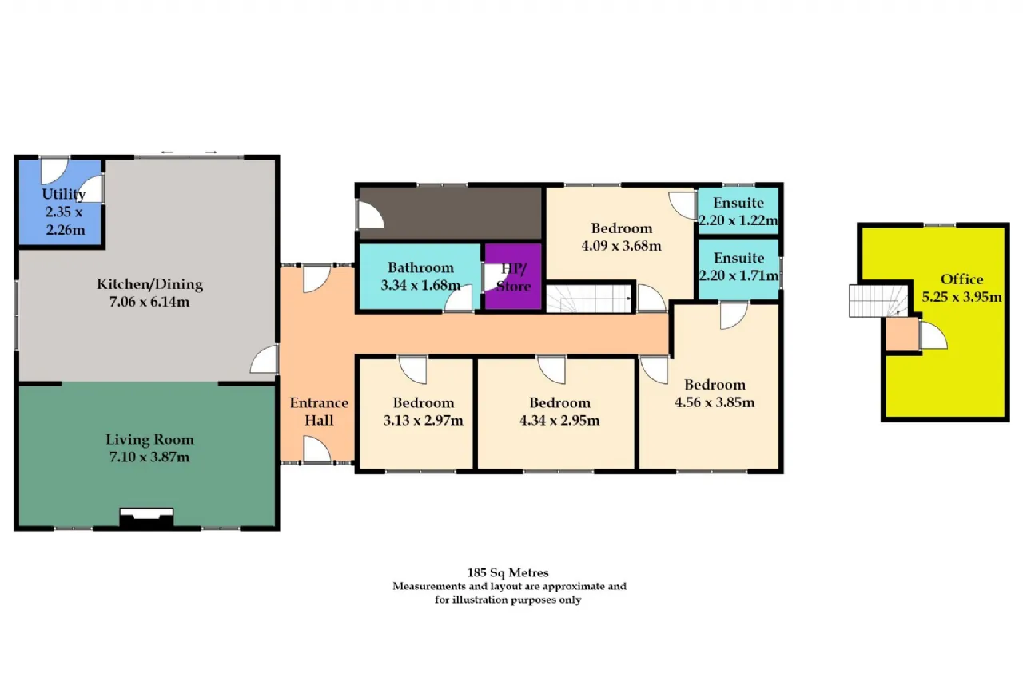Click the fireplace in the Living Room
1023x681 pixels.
tap(146, 519)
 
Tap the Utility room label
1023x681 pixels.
tap(63, 194)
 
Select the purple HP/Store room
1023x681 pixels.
tap(513, 276)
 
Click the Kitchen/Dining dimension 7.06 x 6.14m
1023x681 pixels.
tap(149, 302)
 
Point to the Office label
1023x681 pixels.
tap(961, 279)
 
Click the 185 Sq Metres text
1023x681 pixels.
tap(508, 572)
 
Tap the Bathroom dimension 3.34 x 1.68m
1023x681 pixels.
tap(420, 285)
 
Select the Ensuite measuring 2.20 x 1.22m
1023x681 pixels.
tap(738, 211)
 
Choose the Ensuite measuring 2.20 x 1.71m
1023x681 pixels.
tap(738, 269)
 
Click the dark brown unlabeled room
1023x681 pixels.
tap(450, 213)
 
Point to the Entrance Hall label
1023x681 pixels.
tap(319, 411)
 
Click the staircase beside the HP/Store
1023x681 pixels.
tap(589, 299)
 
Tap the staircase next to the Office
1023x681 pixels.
tap(878, 301)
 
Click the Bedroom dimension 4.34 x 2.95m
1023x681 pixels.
tap(559, 420)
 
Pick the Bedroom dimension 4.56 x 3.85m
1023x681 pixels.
tap(715, 402)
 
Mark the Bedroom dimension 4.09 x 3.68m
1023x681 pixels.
tap(621, 246)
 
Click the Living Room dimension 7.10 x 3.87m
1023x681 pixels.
tap(149, 457)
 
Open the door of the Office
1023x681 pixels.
tap(933, 335)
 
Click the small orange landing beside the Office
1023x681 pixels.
tap(902, 334)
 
